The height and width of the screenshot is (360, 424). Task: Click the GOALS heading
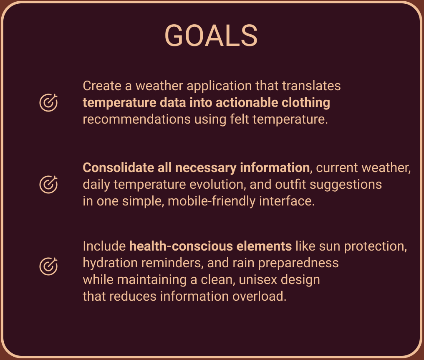(x=211, y=36)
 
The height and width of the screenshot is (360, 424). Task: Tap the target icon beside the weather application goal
(x=48, y=103)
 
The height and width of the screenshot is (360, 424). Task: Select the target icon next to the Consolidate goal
(x=48, y=185)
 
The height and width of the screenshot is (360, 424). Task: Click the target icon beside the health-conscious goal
(x=48, y=266)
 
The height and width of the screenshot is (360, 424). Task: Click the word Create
(x=102, y=86)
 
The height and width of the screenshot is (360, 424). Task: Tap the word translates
(x=311, y=86)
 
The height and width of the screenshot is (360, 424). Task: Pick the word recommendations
(x=136, y=119)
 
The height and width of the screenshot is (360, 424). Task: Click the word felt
(x=239, y=119)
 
